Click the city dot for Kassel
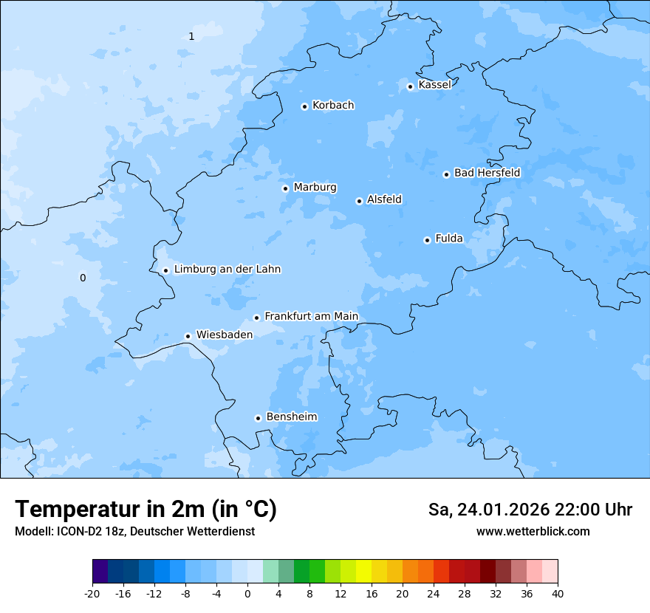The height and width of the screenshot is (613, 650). (410, 86)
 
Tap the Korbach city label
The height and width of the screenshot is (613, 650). (333, 106)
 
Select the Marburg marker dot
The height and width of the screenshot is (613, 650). (285, 188)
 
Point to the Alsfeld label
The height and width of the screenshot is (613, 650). (384, 199)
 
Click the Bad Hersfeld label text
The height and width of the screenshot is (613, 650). (487, 173)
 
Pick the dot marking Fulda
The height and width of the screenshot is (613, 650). (427, 240)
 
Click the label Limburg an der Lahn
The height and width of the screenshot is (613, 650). (227, 270)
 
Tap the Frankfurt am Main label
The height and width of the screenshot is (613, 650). (311, 316)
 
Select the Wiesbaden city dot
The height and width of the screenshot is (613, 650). (188, 337)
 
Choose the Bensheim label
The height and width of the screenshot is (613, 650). (291, 417)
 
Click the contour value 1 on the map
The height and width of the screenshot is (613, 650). (191, 36)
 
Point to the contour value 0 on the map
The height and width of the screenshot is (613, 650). (83, 278)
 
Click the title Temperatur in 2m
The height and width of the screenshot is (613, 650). (146, 510)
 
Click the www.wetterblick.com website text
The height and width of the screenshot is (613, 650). (533, 531)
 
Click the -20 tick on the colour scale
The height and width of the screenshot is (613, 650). (92, 593)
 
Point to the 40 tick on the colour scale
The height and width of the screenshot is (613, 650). (557, 593)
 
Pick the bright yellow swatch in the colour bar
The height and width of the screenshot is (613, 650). (363, 572)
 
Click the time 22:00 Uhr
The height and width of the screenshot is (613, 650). (598, 510)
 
